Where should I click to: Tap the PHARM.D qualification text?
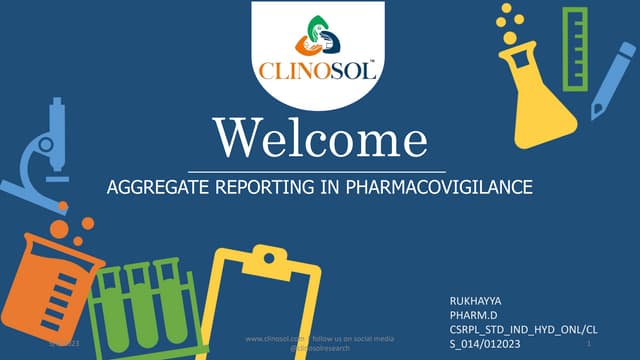476,315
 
